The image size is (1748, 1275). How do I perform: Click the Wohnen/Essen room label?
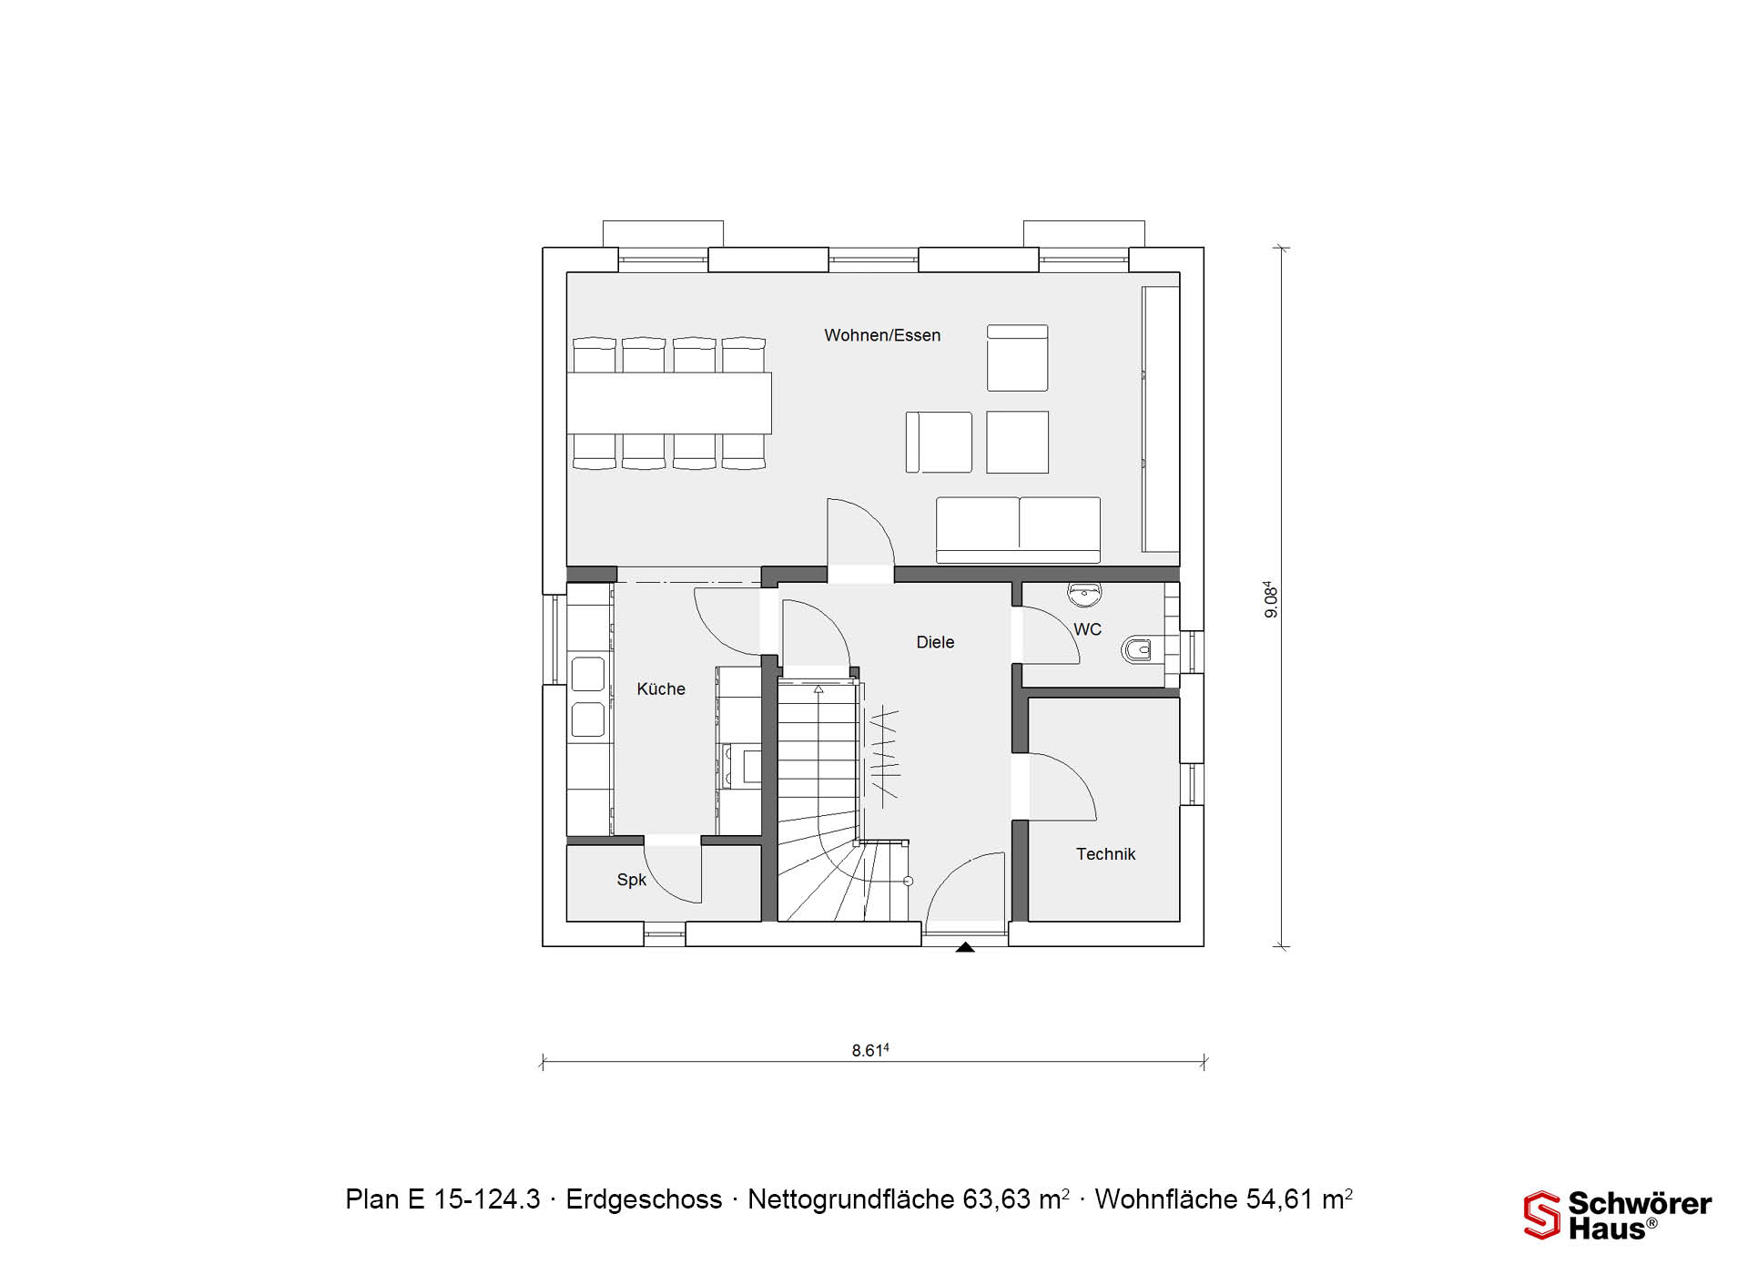point(882,335)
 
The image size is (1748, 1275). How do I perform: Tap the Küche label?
point(661,689)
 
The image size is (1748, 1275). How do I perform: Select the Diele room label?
point(935,642)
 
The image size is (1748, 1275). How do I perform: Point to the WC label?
point(1087,629)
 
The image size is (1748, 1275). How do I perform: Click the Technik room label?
point(1105,854)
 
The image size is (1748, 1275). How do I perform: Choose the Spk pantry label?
point(631,880)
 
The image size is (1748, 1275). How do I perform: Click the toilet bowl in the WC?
point(1138,649)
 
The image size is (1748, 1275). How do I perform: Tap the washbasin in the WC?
point(1084,595)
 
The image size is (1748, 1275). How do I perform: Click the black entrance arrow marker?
point(965,947)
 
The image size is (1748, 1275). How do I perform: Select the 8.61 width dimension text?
point(869,1050)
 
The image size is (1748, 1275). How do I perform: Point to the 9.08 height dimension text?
point(1271,599)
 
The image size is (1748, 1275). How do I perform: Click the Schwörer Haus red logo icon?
point(1542,1215)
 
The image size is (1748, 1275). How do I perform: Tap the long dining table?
point(669,403)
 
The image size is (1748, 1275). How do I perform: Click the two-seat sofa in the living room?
point(1018,530)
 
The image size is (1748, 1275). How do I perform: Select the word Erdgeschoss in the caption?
point(644,1199)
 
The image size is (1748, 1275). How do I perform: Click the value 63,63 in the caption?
point(999,1199)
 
